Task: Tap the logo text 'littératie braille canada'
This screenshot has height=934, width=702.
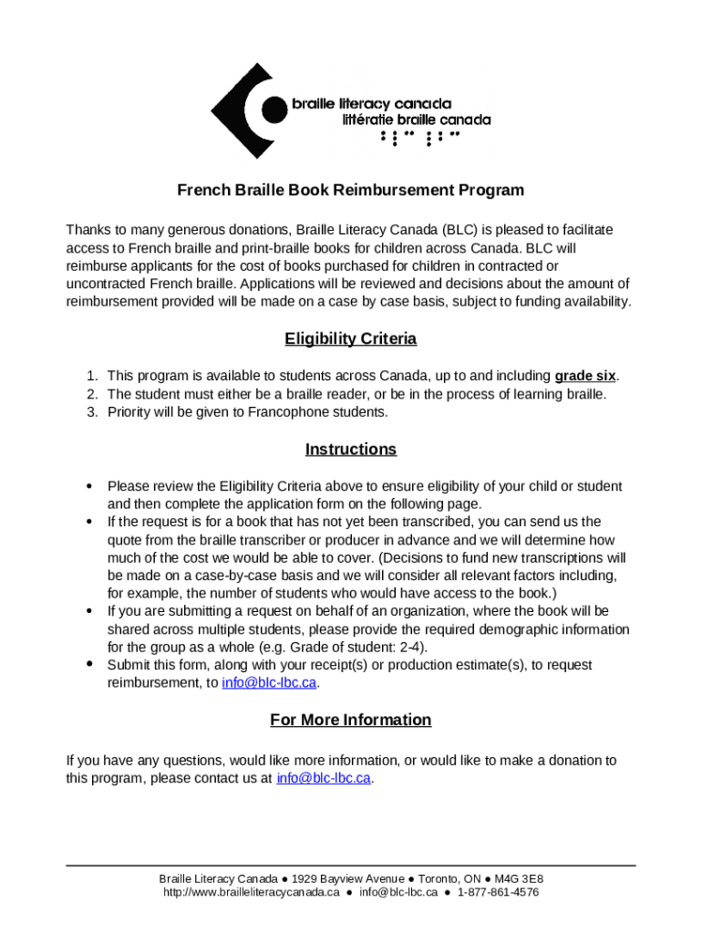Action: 417,119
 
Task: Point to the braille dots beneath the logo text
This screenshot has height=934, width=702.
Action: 419,137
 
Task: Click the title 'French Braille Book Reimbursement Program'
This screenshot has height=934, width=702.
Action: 350,191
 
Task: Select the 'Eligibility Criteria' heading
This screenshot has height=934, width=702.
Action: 350,339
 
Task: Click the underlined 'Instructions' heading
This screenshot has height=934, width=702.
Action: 350,449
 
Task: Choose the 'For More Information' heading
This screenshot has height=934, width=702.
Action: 350,720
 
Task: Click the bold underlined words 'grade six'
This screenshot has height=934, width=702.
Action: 585,376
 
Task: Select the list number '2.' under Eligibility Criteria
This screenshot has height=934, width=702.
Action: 92,394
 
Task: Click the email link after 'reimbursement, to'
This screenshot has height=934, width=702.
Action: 269,683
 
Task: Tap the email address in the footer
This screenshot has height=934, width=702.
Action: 398,892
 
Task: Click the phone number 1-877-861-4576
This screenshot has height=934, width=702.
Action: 498,892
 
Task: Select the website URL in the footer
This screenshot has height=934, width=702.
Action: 251,892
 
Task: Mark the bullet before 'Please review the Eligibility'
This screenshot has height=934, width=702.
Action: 89,486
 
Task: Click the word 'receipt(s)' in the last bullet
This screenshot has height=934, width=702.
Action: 290,665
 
